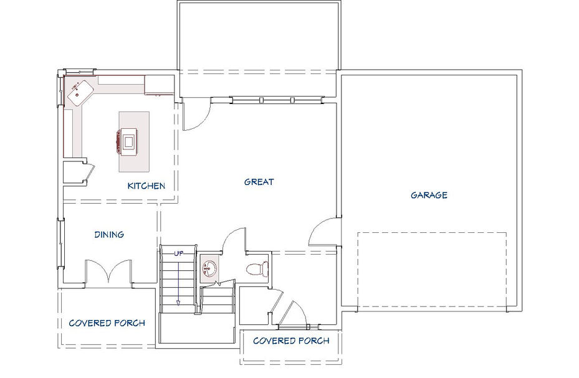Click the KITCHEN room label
146,186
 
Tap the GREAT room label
259,182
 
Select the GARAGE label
429,195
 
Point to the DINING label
109,235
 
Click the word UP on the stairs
179,253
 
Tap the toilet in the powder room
257,268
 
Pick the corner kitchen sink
79,90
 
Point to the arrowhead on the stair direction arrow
178,303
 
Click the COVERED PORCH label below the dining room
107,323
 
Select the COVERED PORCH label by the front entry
291,341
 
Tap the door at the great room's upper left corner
196,115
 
